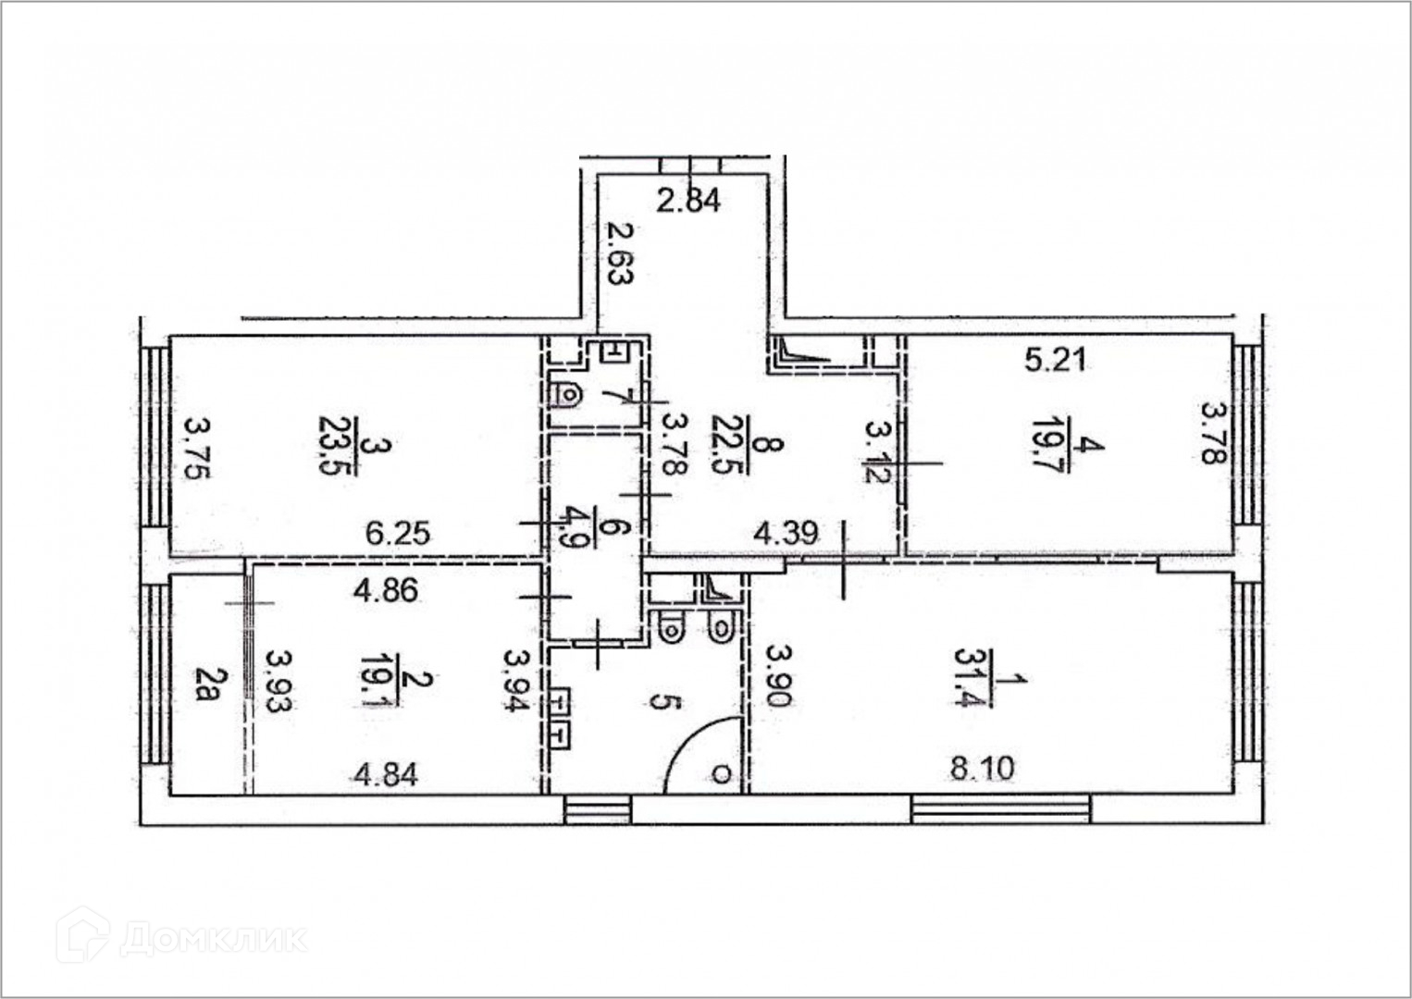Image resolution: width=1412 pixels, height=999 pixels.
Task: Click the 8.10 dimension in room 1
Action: (x=983, y=769)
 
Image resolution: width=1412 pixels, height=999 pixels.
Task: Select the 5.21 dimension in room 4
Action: (x=1055, y=361)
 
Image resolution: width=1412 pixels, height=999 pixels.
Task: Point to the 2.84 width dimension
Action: (x=688, y=201)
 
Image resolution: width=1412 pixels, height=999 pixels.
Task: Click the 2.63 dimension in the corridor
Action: (x=620, y=253)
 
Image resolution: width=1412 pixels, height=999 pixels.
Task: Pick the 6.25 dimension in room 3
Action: (x=398, y=535)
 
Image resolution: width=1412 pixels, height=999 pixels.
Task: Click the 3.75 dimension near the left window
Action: (x=197, y=450)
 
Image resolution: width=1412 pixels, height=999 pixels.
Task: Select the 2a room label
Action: (x=206, y=684)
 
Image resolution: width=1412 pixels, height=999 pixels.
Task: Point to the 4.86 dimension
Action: (x=386, y=591)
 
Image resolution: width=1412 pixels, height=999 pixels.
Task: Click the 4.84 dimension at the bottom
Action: (x=386, y=774)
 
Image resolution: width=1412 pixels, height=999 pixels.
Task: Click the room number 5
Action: (x=658, y=701)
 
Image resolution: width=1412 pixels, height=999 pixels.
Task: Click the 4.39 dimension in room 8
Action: (x=787, y=533)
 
